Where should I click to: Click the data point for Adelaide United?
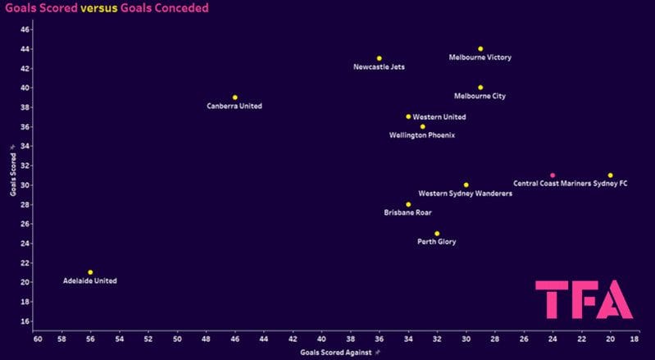pos(90,272)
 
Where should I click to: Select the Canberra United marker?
pos(234,98)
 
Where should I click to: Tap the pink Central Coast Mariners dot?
pos(553,175)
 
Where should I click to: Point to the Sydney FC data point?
pos(610,175)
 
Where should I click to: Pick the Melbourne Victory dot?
pos(480,49)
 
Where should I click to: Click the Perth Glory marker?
pos(437,234)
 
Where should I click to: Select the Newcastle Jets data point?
pos(379,59)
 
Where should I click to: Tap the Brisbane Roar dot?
pos(408,205)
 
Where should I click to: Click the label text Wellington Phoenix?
pos(422,135)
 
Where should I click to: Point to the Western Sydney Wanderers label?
pos(465,194)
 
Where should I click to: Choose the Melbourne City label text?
pos(480,97)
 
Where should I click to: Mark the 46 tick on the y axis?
pos(25,30)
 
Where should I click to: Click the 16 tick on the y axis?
pos(25,321)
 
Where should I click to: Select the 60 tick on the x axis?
pos(38,338)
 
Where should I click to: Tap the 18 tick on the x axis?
pos(635,338)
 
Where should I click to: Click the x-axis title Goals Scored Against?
pos(336,352)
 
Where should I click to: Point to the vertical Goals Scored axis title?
pos(12,175)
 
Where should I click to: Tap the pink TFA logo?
pos(584,299)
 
